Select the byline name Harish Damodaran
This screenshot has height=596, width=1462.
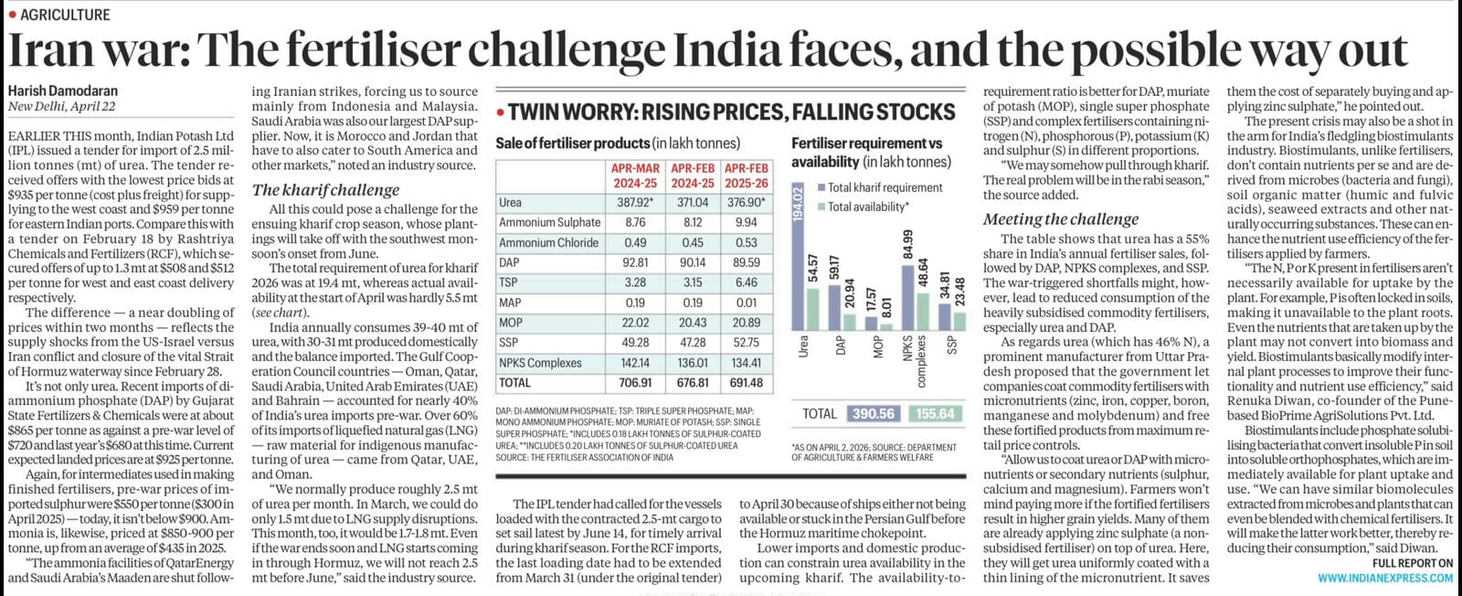tap(63, 90)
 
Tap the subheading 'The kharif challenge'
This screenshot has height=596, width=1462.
tap(325, 190)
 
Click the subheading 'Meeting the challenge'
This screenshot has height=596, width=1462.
tap(1061, 219)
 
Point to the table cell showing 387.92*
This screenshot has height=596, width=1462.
tap(635, 202)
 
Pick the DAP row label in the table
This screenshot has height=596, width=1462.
tap(509, 262)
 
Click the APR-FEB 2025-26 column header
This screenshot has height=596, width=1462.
tap(746, 176)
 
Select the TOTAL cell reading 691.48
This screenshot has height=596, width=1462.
tap(746, 383)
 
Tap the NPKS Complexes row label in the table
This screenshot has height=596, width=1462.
tap(541, 363)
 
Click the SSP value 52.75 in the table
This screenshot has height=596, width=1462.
tap(746, 343)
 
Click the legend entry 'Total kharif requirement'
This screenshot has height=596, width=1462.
tap(885, 187)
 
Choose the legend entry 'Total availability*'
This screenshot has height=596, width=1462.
tap(868, 207)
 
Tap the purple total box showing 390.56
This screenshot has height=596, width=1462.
tap(873, 413)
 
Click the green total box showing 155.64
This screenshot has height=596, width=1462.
tap(935, 413)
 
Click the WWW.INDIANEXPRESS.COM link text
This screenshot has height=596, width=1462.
tap(1384, 578)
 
